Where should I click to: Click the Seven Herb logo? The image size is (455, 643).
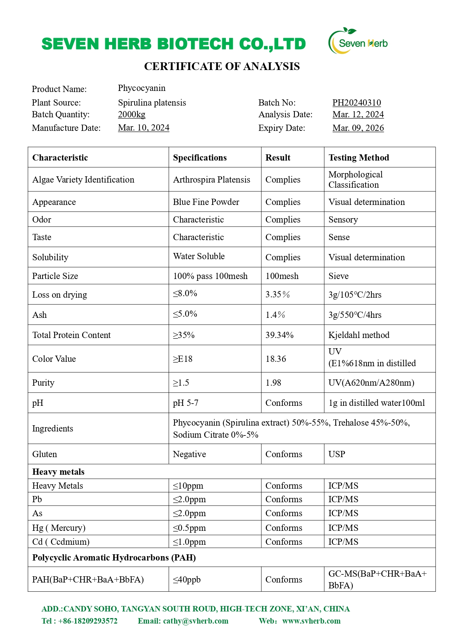pos(358,42)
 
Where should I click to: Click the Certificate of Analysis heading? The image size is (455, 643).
pos(222,66)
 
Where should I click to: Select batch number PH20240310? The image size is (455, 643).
pos(356,103)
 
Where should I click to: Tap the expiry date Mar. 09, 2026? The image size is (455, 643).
pos(358,128)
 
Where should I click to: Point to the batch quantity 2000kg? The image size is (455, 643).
pos(132,114)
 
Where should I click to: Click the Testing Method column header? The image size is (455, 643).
pos(359,158)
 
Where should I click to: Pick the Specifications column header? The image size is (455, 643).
pos(200,158)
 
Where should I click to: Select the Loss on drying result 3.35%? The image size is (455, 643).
pos(278,295)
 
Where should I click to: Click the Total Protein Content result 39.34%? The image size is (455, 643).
pos(279,335)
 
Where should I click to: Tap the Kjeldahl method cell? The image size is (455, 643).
pos(359,335)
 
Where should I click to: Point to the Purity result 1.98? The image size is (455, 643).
pos(273,383)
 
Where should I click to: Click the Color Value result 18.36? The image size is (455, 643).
pos(276,359)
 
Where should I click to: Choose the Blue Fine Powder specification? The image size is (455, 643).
pos(206,202)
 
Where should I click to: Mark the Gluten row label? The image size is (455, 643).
pos(45,454)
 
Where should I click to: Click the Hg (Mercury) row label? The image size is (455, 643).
pos(59,528)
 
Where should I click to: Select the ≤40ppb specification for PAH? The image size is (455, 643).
pos(187,580)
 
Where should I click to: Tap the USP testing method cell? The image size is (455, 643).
pos(337,454)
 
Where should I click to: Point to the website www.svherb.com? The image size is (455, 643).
pos(311,621)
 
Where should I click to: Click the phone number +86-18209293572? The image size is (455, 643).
pos(88,621)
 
